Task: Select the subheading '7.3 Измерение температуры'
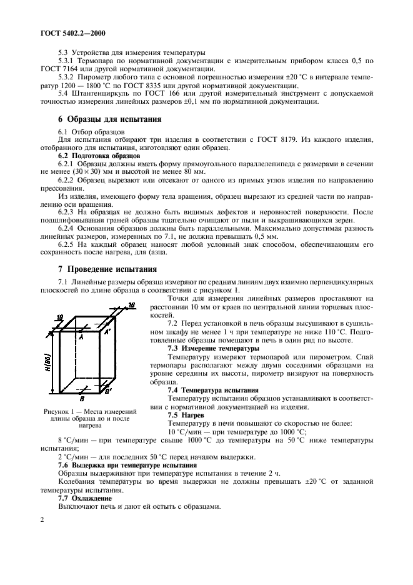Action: click(x=213, y=347)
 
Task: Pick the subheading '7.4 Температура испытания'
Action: click(x=213, y=389)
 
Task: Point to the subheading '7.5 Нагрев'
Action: click(x=186, y=414)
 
